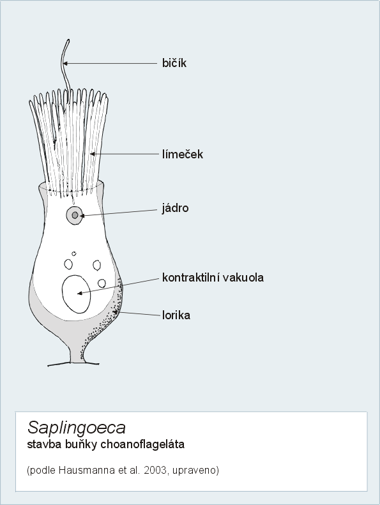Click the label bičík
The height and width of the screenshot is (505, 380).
pyautogui.click(x=174, y=63)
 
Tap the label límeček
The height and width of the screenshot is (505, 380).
pyautogui.click(x=183, y=154)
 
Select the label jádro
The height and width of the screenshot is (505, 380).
pyautogui.click(x=175, y=208)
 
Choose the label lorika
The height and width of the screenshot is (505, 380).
pyautogui.click(x=176, y=315)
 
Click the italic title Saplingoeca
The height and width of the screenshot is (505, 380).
pyautogui.click(x=77, y=428)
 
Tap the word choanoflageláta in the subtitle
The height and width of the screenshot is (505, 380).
pyautogui.click(x=142, y=444)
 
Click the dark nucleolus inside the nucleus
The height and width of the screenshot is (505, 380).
pyautogui.click(x=75, y=215)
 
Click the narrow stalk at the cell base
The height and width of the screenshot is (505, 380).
pyautogui.click(x=76, y=355)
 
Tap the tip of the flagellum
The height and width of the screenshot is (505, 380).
pyautogui.click(x=68, y=40)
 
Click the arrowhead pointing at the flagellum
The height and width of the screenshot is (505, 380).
pyautogui.click(x=65, y=63)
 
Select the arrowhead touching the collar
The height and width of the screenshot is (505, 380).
pyautogui.click(x=93, y=154)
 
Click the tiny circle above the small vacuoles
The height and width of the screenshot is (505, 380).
pyautogui.click(x=74, y=254)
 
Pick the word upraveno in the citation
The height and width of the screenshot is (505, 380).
pyautogui.click(x=195, y=471)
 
